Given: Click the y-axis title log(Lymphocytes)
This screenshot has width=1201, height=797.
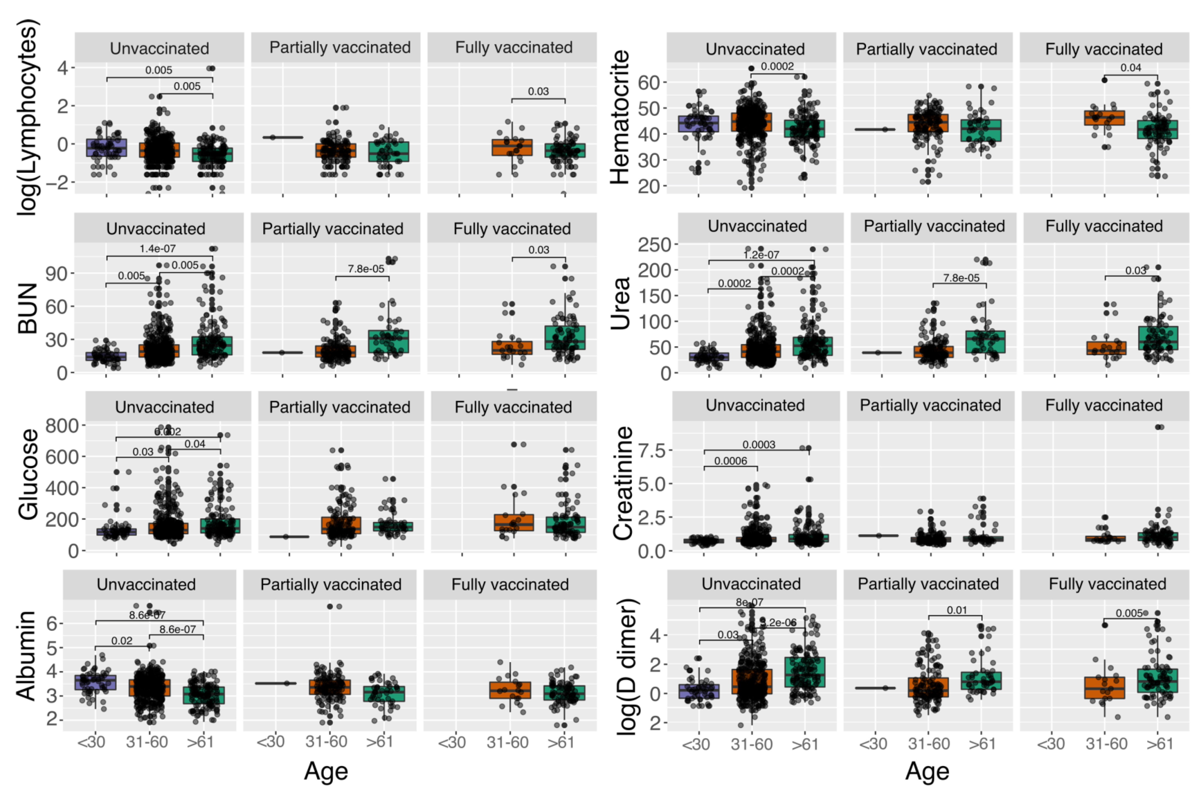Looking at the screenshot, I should click(26, 118).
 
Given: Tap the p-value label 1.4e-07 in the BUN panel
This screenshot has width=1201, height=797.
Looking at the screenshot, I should click(158, 249).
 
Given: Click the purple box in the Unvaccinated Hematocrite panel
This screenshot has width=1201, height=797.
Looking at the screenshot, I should click(698, 124).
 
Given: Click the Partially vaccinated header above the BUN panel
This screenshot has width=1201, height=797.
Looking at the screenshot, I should click(333, 229).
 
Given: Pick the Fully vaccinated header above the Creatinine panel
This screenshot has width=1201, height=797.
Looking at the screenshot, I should click(1104, 405).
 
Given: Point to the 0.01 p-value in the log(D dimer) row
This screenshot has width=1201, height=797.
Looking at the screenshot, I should click(956, 610).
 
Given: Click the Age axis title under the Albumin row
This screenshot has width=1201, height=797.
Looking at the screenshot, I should click(326, 771).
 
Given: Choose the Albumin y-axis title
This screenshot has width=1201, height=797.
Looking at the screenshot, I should click(26, 656).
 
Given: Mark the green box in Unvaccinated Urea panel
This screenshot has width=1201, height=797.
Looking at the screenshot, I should click(813, 346).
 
